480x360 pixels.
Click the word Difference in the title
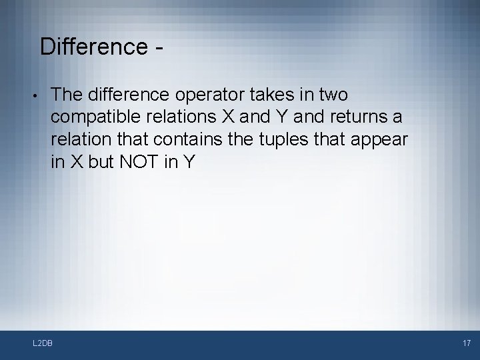pyautogui.click(x=93, y=47)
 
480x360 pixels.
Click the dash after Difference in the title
pyautogui.click(x=159, y=48)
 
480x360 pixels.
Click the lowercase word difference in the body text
pyautogui.click(x=124, y=94)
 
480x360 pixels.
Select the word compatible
pyautogui.click(x=93, y=117)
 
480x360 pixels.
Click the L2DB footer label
pyautogui.click(x=43, y=343)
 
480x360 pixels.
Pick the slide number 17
pyautogui.click(x=466, y=343)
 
